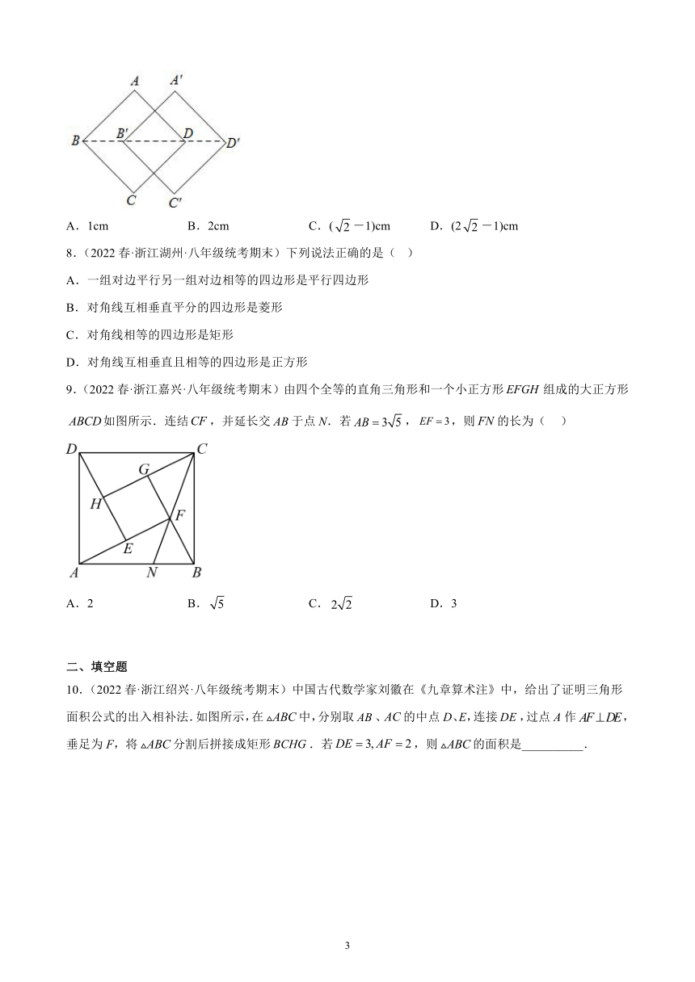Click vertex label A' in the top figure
[x=176, y=80]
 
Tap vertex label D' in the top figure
[x=233, y=143]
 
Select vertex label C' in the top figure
[x=175, y=203]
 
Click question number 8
[x=71, y=253]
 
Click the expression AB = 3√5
[x=378, y=420]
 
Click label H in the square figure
[x=95, y=503]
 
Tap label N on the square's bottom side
[x=151, y=573]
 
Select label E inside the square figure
[x=126, y=548]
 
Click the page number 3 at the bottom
[x=347, y=946]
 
